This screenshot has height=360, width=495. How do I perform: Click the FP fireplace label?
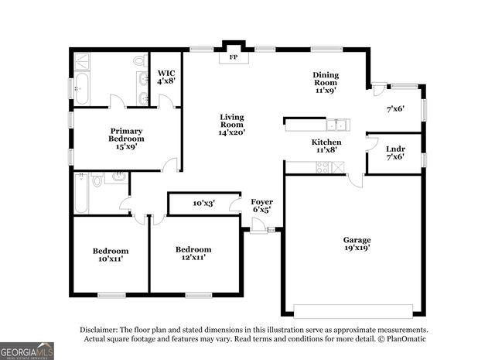point(232,57)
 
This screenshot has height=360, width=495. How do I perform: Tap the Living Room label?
point(232,124)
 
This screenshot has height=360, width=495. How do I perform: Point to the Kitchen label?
point(326,146)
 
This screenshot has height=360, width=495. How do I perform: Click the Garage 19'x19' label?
point(357,244)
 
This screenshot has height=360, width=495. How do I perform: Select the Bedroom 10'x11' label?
point(111,255)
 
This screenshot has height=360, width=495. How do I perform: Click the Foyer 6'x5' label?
point(261,205)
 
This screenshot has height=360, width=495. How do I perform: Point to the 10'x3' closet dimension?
point(203,204)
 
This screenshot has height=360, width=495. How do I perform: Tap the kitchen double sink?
point(336,124)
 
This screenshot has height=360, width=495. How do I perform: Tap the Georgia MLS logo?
point(27,351)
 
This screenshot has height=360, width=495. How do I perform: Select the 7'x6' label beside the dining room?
point(396,109)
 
